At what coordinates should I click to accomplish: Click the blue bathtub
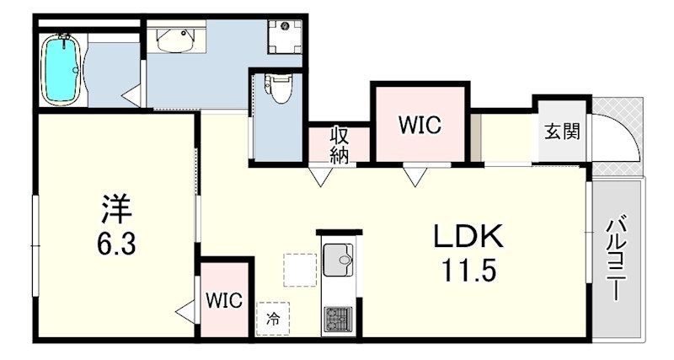tap(62, 70)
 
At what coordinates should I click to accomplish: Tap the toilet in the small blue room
tap(278, 89)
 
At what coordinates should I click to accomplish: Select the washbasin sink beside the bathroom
tap(176, 40)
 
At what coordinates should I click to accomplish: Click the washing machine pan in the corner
tap(285, 36)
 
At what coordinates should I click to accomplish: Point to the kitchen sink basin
tap(338, 260)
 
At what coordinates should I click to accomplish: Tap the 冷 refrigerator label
tap(272, 320)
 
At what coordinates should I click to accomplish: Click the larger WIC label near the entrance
tap(420, 125)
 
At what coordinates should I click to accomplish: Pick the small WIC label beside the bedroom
tap(223, 300)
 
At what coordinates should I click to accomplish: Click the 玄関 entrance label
tap(562, 132)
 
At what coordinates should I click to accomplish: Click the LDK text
tap(468, 236)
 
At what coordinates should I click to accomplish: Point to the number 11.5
tap(469, 271)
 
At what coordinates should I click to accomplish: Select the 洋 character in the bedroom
tap(116, 209)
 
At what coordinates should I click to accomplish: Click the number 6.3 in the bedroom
tap(116, 244)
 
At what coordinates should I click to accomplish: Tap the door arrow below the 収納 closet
tap(321, 176)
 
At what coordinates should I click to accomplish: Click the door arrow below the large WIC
tap(415, 176)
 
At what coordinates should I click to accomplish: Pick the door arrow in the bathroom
tap(131, 96)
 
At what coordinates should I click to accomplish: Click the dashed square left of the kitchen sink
tap(300, 270)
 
